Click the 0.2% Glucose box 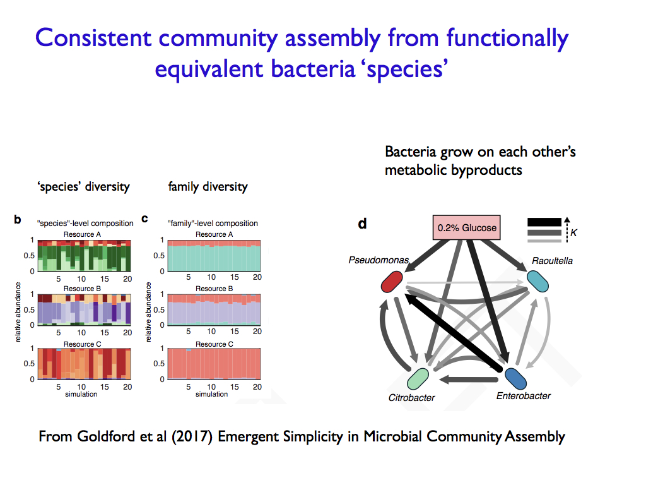coord(466,227)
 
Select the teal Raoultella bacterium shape coord(538,280)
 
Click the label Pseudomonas coord(378,260)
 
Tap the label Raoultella coord(552,260)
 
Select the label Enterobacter coord(523,396)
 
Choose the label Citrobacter coord(411,398)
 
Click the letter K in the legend coord(573,233)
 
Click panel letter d coord(361,224)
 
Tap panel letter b coord(18,220)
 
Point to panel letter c coord(144,219)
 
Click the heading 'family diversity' coord(208,186)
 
